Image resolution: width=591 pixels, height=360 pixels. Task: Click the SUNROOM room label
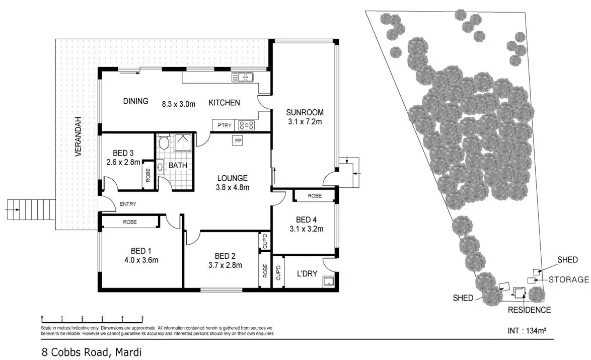pyautogui.click(x=305, y=112)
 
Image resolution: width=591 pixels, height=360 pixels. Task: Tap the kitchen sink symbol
pyautogui.click(x=242, y=77)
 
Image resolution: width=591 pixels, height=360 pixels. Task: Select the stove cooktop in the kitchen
pyautogui.click(x=247, y=125)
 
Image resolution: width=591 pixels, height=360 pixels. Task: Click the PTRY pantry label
pyautogui.click(x=224, y=125)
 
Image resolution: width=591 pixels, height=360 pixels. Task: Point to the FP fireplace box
pyautogui.click(x=238, y=141)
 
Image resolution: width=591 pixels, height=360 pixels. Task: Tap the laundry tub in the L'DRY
pyautogui.click(x=329, y=282)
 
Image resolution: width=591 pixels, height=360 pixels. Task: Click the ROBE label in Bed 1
pyautogui.click(x=129, y=222)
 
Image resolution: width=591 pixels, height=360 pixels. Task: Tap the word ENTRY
pyautogui.click(x=128, y=204)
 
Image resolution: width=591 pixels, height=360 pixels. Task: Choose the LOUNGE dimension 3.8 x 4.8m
pyautogui.click(x=233, y=187)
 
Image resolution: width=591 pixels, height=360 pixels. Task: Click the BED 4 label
pyautogui.click(x=306, y=220)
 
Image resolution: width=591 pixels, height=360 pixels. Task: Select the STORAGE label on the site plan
pyautogui.click(x=568, y=279)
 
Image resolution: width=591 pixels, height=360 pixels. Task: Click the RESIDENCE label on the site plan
pyautogui.click(x=529, y=310)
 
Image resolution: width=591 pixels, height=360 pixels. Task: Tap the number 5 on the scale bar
pyautogui.click(x=142, y=318)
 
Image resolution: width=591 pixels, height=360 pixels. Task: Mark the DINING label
pyautogui.click(x=136, y=101)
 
